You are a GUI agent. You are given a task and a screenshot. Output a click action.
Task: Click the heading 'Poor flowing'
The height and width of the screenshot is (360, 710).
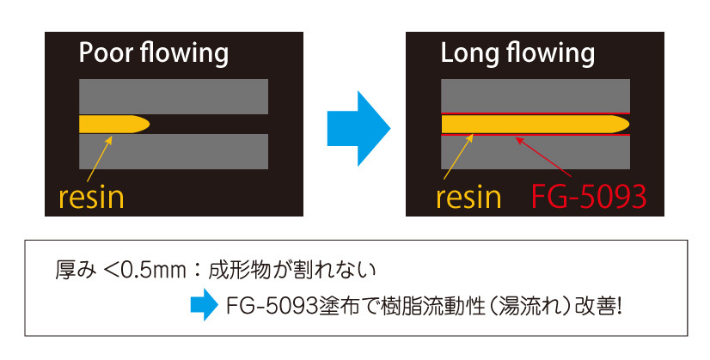[153, 54]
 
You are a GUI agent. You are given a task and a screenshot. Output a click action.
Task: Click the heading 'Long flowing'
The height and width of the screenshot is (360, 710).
[517, 54]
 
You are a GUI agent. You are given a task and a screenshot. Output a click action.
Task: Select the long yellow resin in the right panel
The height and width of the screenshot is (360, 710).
[533, 124]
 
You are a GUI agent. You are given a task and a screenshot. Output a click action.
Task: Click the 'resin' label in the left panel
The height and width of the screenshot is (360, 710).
[91, 197]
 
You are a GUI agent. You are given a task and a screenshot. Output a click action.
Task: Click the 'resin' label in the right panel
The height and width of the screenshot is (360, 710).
[468, 197]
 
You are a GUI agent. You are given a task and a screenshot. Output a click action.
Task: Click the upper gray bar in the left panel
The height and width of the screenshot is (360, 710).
[173, 95]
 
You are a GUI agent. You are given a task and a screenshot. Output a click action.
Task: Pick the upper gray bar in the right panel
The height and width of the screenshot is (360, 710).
[536, 95]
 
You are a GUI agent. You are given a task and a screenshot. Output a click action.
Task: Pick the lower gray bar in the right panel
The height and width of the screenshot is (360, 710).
[536, 153]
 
